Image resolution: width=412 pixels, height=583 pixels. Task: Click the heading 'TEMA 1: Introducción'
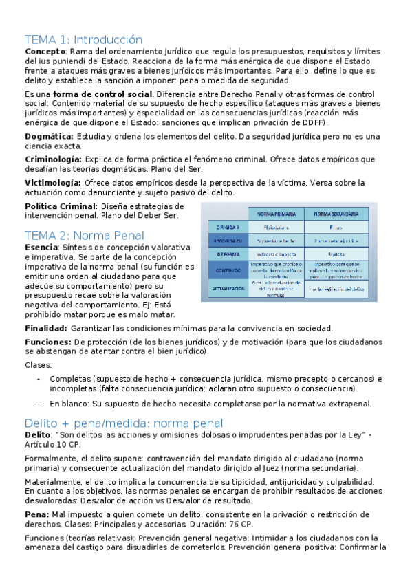[x=83, y=39]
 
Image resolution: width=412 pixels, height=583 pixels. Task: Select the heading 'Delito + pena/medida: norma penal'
[x=124, y=423]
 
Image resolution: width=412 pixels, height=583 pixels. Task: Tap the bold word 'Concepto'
[x=45, y=52]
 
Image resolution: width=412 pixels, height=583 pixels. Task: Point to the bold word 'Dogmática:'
[x=49, y=137]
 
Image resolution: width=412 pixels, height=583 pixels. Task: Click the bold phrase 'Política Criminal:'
[x=61, y=206]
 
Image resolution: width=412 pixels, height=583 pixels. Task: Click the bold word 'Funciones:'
[x=47, y=342]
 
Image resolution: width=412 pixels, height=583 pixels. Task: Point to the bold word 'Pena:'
[x=36, y=514]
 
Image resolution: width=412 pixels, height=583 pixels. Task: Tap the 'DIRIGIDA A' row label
[x=228, y=226]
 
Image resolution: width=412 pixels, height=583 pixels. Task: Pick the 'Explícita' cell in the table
[x=336, y=254]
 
